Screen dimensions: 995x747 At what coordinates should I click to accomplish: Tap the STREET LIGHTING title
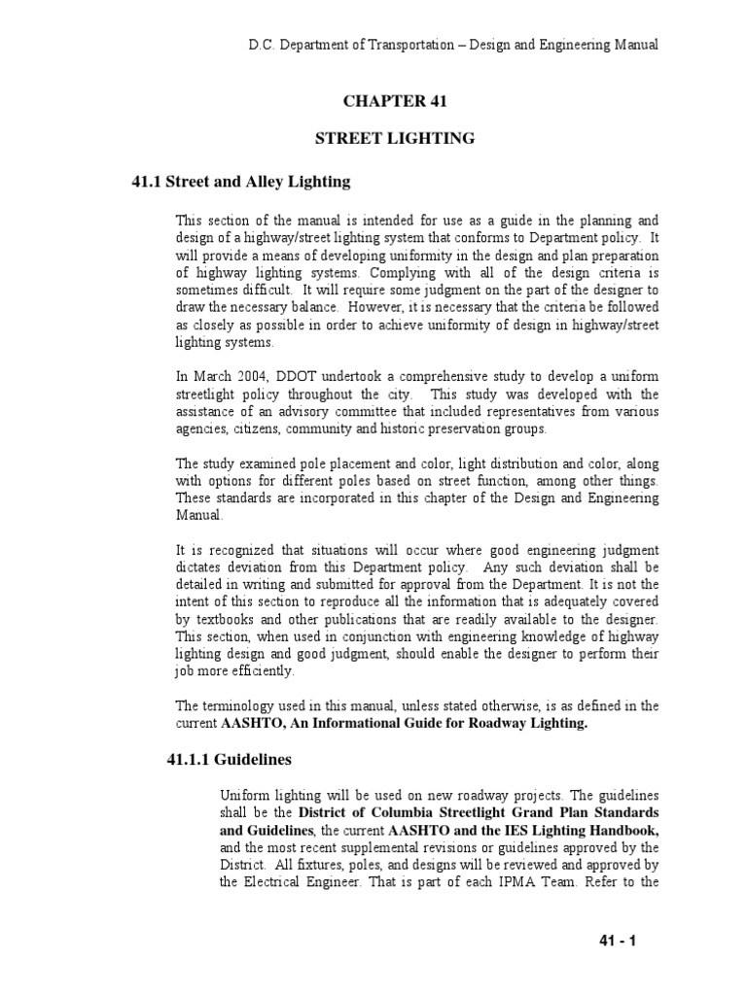[x=394, y=139]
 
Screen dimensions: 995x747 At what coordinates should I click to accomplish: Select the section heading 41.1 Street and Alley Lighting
[x=240, y=182]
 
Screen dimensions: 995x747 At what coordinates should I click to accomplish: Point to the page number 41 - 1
[x=615, y=941]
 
